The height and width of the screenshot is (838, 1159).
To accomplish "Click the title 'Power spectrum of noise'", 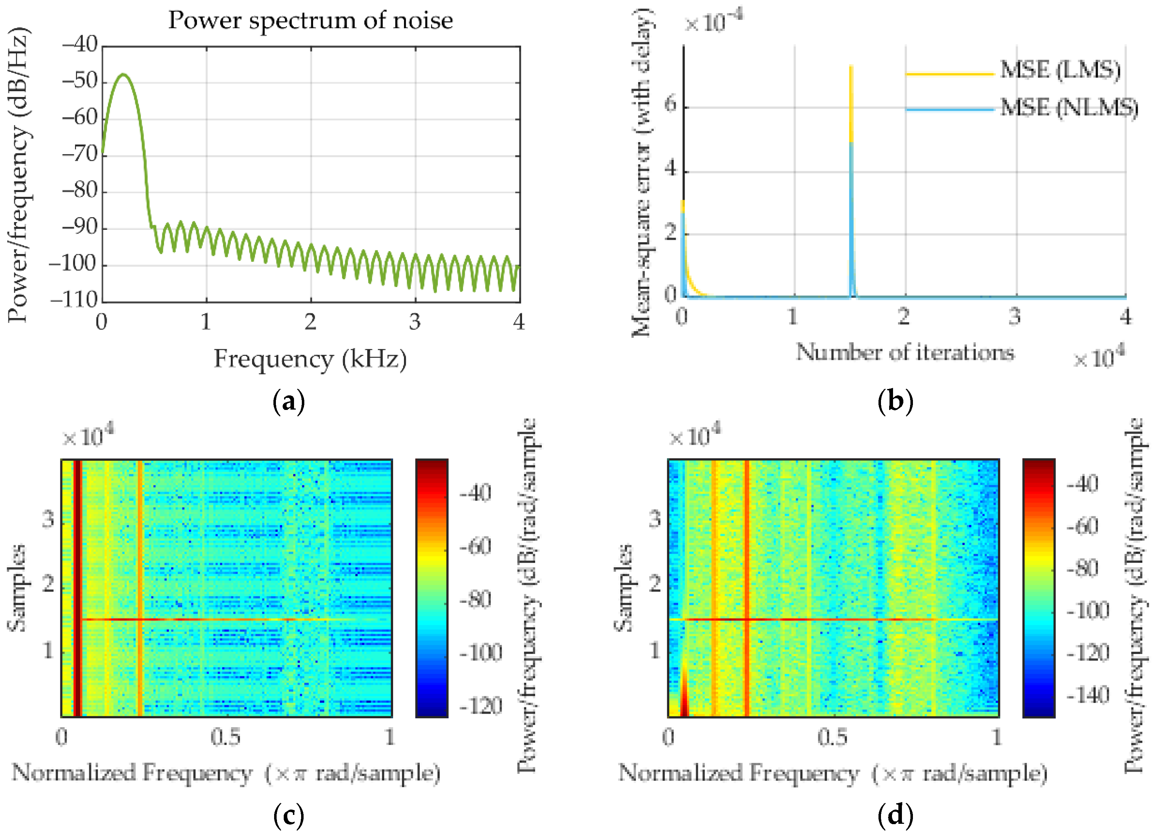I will [310, 21].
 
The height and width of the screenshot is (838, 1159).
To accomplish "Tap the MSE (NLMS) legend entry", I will [1068, 108].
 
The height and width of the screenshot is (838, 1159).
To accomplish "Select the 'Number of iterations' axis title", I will [904, 353].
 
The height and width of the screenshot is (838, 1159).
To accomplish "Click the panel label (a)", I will [289, 402].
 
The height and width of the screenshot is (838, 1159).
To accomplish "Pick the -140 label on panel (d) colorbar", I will [1088, 695].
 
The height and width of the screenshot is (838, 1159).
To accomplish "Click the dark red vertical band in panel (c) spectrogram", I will [77, 588].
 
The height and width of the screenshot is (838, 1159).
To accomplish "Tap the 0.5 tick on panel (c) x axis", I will [225, 737].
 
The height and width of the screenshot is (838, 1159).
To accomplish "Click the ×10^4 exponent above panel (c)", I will [88, 436].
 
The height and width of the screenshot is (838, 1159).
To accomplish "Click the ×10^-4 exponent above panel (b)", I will [713, 21].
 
